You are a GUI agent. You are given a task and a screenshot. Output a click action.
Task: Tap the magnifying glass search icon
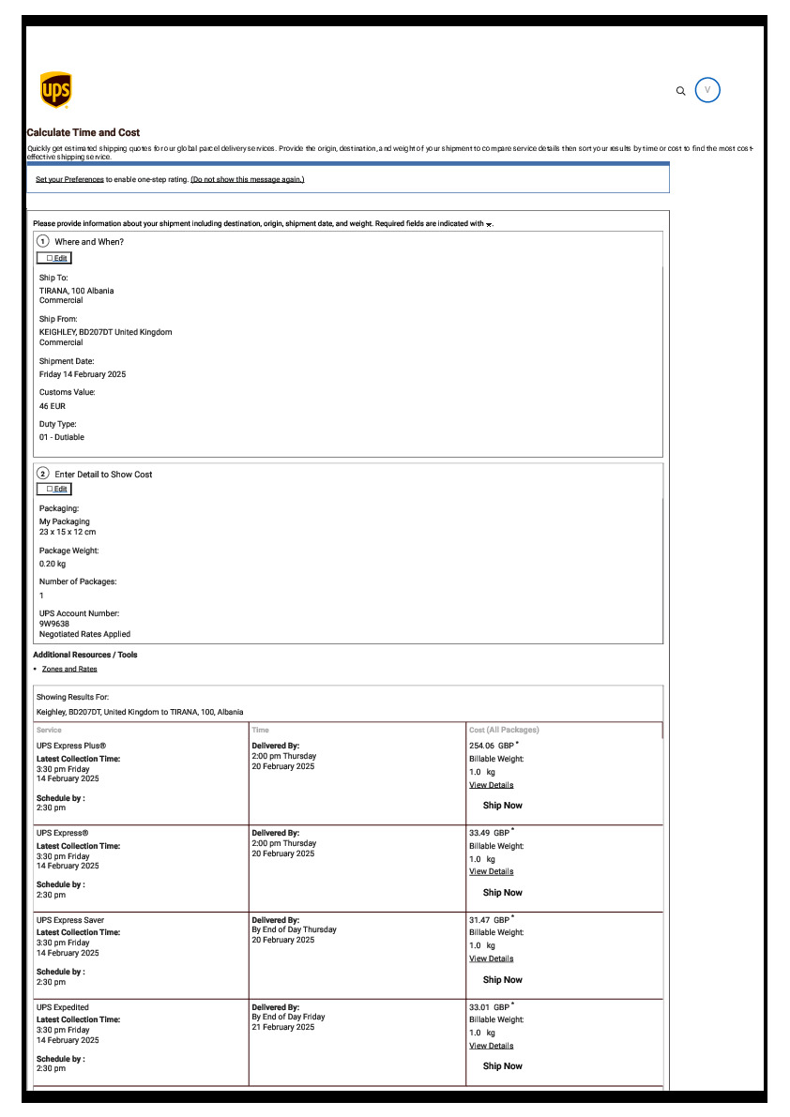coord(681,91)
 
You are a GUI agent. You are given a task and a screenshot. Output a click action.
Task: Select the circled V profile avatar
coord(707,90)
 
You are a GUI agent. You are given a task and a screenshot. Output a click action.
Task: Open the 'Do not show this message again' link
coord(248,179)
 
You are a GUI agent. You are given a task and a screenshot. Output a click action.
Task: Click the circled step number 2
coord(43,474)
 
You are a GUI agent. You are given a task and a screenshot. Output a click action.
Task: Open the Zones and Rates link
coord(69,669)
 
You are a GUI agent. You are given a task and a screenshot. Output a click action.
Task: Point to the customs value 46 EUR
coord(53,406)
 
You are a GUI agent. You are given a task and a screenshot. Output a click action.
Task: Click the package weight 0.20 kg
coord(53,564)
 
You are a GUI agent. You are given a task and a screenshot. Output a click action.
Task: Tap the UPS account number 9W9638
coord(54,623)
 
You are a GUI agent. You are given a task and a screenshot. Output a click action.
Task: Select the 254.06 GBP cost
coord(489,746)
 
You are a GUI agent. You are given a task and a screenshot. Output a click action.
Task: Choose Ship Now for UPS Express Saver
coord(502,979)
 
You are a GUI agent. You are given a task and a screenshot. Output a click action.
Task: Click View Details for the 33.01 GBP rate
coord(491,1045)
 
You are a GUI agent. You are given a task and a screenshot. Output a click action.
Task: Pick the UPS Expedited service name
coord(63,1007)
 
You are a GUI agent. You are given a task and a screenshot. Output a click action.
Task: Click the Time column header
coord(261,730)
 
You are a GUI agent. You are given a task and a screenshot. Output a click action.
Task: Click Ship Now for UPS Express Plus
coord(502,805)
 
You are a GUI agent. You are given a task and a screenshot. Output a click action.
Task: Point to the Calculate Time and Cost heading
coord(84,132)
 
